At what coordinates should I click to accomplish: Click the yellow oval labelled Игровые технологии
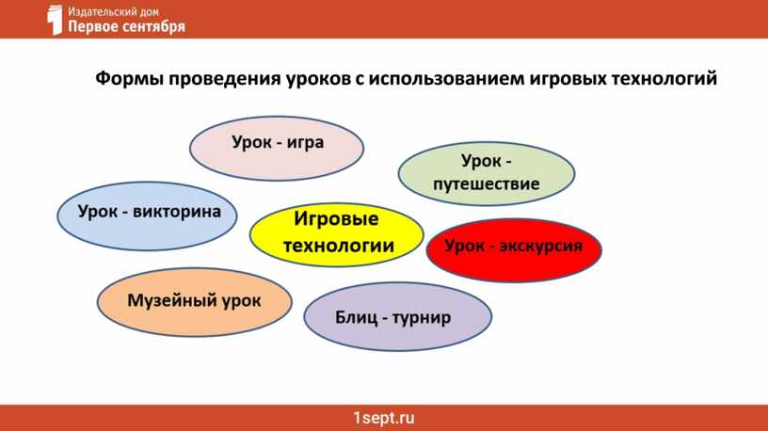pyautogui.click(x=337, y=235)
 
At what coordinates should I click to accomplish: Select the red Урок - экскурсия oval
pyautogui.click(x=514, y=250)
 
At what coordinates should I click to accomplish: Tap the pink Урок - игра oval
pyautogui.click(x=277, y=149)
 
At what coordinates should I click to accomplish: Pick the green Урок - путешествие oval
pyautogui.click(x=487, y=174)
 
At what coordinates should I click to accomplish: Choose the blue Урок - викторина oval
pyautogui.click(x=147, y=216)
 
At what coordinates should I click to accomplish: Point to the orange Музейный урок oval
pyautogui.click(x=195, y=302)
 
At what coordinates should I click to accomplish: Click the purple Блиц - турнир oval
pyautogui.click(x=398, y=316)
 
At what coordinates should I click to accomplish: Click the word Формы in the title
pyautogui.click(x=129, y=78)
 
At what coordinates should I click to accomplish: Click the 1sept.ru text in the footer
pyautogui.click(x=384, y=418)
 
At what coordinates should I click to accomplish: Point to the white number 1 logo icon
pyautogui.click(x=55, y=20)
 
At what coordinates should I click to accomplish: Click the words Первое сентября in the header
pyautogui.click(x=126, y=26)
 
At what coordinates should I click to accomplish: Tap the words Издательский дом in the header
pyautogui.click(x=113, y=10)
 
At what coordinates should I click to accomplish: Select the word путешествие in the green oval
pyautogui.click(x=487, y=184)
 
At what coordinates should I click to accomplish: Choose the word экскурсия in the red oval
pyautogui.click(x=541, y=246)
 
